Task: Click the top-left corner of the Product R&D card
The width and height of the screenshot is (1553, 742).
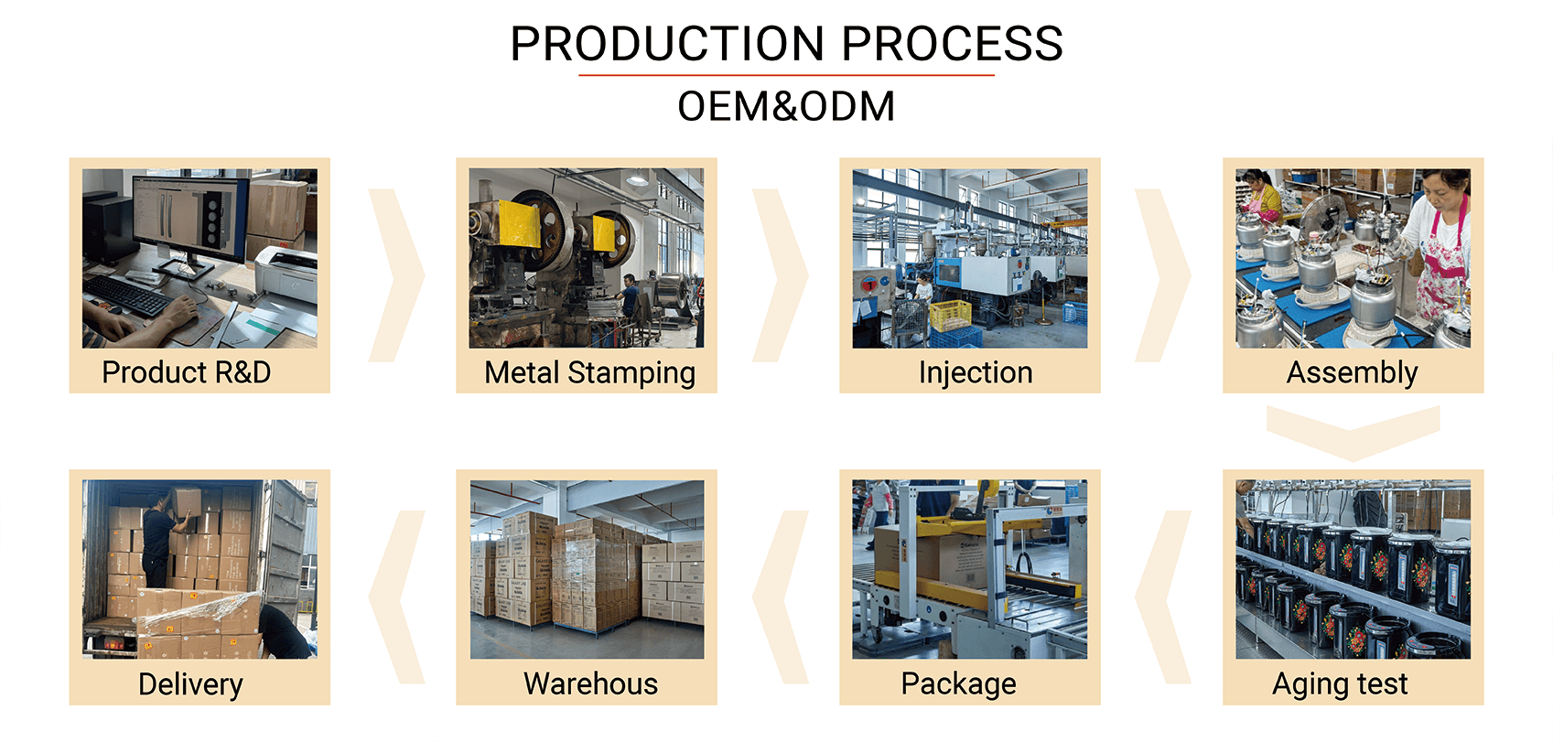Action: [70, 158]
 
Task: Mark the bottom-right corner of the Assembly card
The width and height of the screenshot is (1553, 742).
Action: [1483, 393]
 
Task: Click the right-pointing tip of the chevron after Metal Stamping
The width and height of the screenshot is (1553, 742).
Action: [808, 275]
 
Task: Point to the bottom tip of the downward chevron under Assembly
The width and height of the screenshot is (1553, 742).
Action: [1353, 461]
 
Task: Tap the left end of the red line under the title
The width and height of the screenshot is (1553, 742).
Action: [579, 75]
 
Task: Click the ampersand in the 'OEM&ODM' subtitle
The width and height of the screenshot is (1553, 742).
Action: [785, 107]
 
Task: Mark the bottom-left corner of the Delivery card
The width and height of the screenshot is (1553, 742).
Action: [70, 704]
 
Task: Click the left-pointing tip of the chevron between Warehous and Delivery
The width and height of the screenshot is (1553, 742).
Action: [370, 597]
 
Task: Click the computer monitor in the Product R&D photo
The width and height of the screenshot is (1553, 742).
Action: [190, 219]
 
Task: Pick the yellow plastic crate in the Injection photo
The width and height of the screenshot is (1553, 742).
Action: [950, 316]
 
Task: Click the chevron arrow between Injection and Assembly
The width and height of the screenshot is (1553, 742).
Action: [1162, 275]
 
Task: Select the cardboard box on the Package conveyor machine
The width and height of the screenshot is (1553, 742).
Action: [929, 554]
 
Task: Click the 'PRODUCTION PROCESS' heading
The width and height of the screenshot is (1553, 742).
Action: [786, 44]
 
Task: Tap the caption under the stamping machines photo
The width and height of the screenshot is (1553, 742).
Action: [589, 372]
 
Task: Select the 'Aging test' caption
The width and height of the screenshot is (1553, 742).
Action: [1340, 684]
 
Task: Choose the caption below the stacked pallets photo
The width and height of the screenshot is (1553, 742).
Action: [590, 683]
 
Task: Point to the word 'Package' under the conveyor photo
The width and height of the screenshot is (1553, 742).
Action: [959, 684]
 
